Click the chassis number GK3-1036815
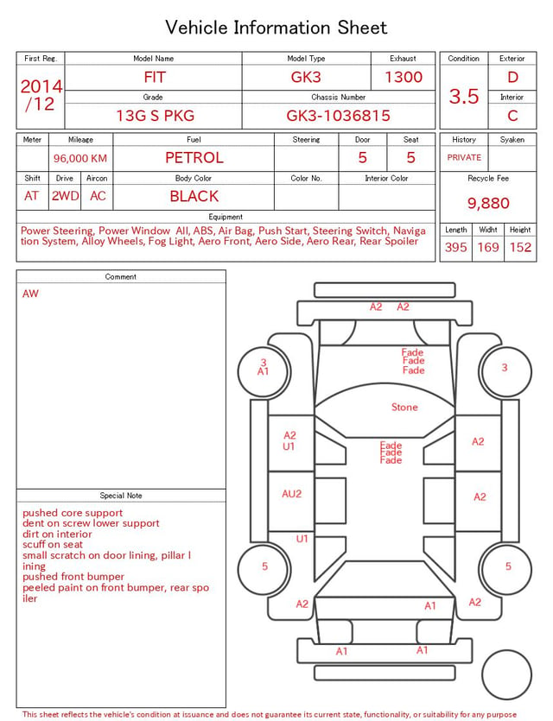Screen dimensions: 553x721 (338, 116)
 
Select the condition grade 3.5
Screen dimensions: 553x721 (464, 96)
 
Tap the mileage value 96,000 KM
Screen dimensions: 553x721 (80, 158)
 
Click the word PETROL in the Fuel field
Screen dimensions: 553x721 (194, 158)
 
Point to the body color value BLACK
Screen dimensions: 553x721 (194, 196)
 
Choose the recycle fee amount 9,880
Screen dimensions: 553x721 (488, 203)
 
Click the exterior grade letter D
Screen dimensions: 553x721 (512, 77)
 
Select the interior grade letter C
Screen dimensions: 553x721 (512, 116)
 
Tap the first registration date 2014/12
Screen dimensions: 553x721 (41, 95)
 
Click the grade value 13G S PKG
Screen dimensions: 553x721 (155, 116)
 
